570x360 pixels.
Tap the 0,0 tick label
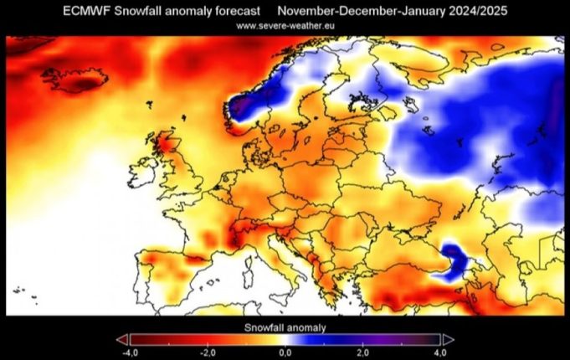pos(285,353)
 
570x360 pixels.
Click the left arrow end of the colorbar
pos(121,339)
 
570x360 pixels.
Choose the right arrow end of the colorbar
pos(448,339)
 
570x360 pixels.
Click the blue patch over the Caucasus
pos(454,255)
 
